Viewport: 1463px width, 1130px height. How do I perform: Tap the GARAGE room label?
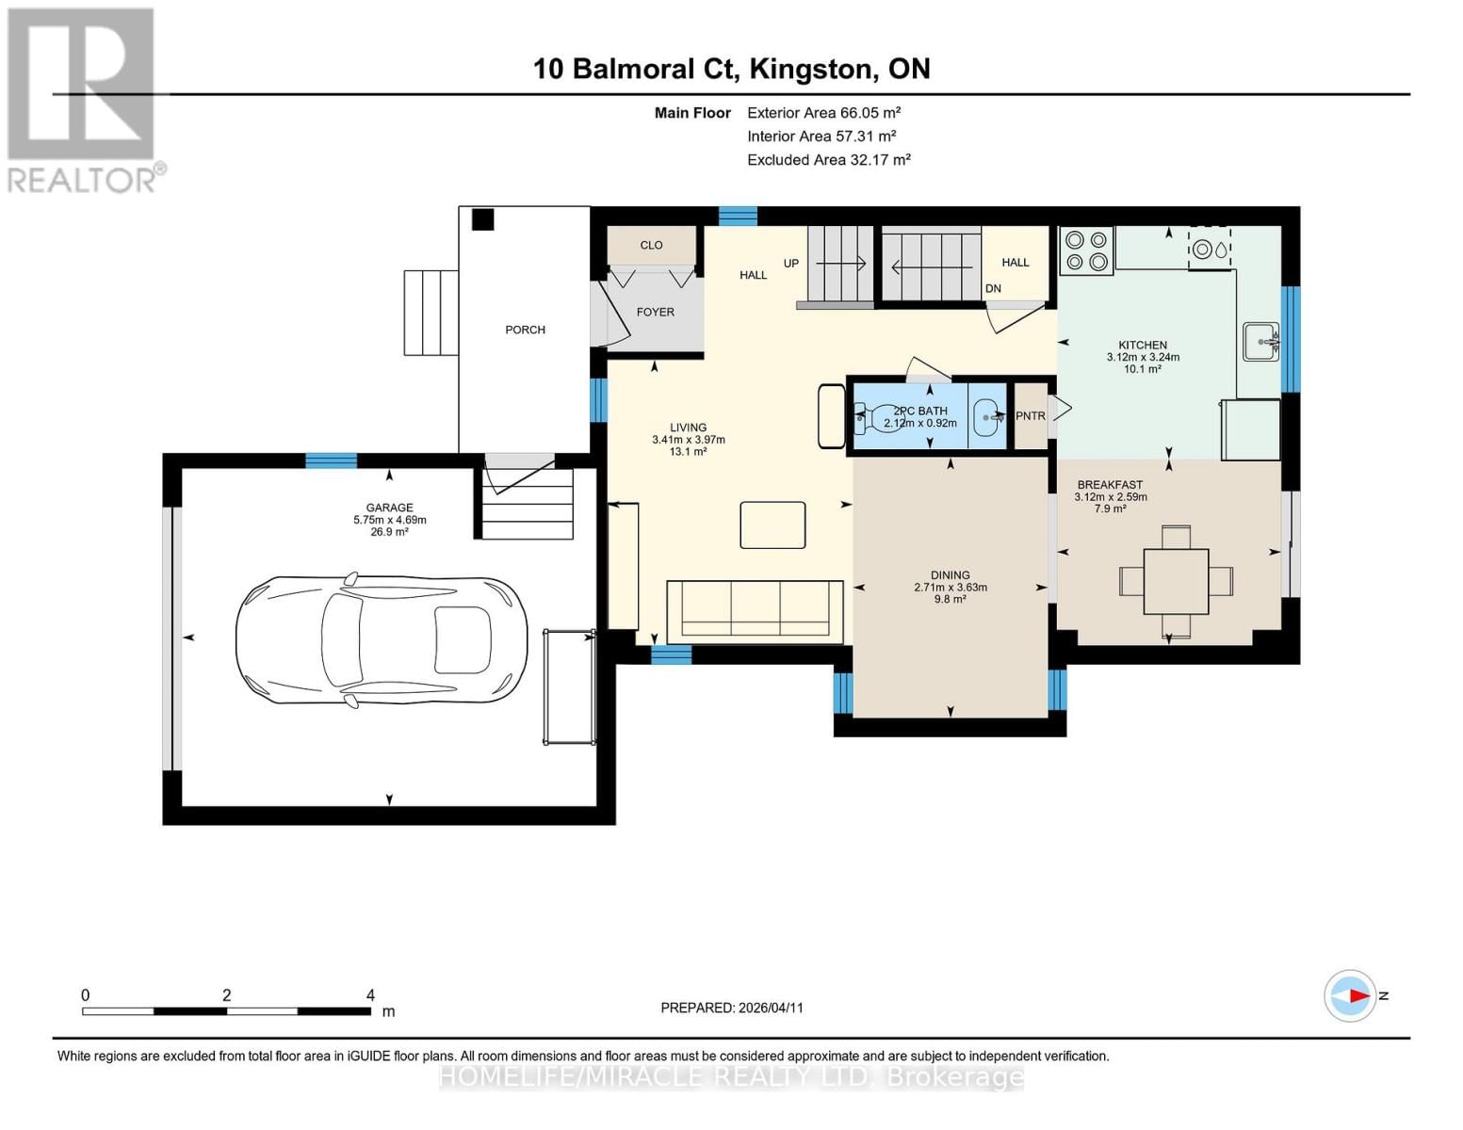click(389, 508)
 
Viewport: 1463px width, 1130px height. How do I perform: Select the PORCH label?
click(525, 330)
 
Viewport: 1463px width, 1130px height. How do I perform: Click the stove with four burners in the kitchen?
click(1086, 250)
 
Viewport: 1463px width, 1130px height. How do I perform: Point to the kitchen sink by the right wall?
click(1260, 341)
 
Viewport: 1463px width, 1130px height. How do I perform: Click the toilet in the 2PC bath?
click(876, 417)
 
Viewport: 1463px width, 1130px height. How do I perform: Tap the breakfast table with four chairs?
click(1176, 581)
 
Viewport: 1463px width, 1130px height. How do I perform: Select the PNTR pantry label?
click(1031, 416)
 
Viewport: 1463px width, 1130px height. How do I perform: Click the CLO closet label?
click(651, 245)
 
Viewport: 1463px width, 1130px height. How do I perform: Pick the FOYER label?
click(655, 312)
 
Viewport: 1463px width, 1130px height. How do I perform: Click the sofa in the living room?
click(755, 612)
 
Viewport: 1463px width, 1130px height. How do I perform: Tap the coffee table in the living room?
click(772, 525)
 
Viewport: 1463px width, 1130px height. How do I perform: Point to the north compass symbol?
click(1351, 995)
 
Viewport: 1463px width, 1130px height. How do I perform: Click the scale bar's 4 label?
click(370, 995)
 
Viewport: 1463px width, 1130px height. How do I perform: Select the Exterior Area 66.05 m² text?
click(823, 112)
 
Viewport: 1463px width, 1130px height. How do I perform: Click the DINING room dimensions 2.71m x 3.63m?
click(950, 588)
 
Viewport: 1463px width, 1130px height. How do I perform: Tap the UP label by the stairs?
click(790, 263)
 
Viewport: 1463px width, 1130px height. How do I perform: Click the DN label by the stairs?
click(993, 288)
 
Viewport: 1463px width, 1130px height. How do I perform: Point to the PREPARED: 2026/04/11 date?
click(732, 1008)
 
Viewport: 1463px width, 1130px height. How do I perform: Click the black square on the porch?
click(482, 219)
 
